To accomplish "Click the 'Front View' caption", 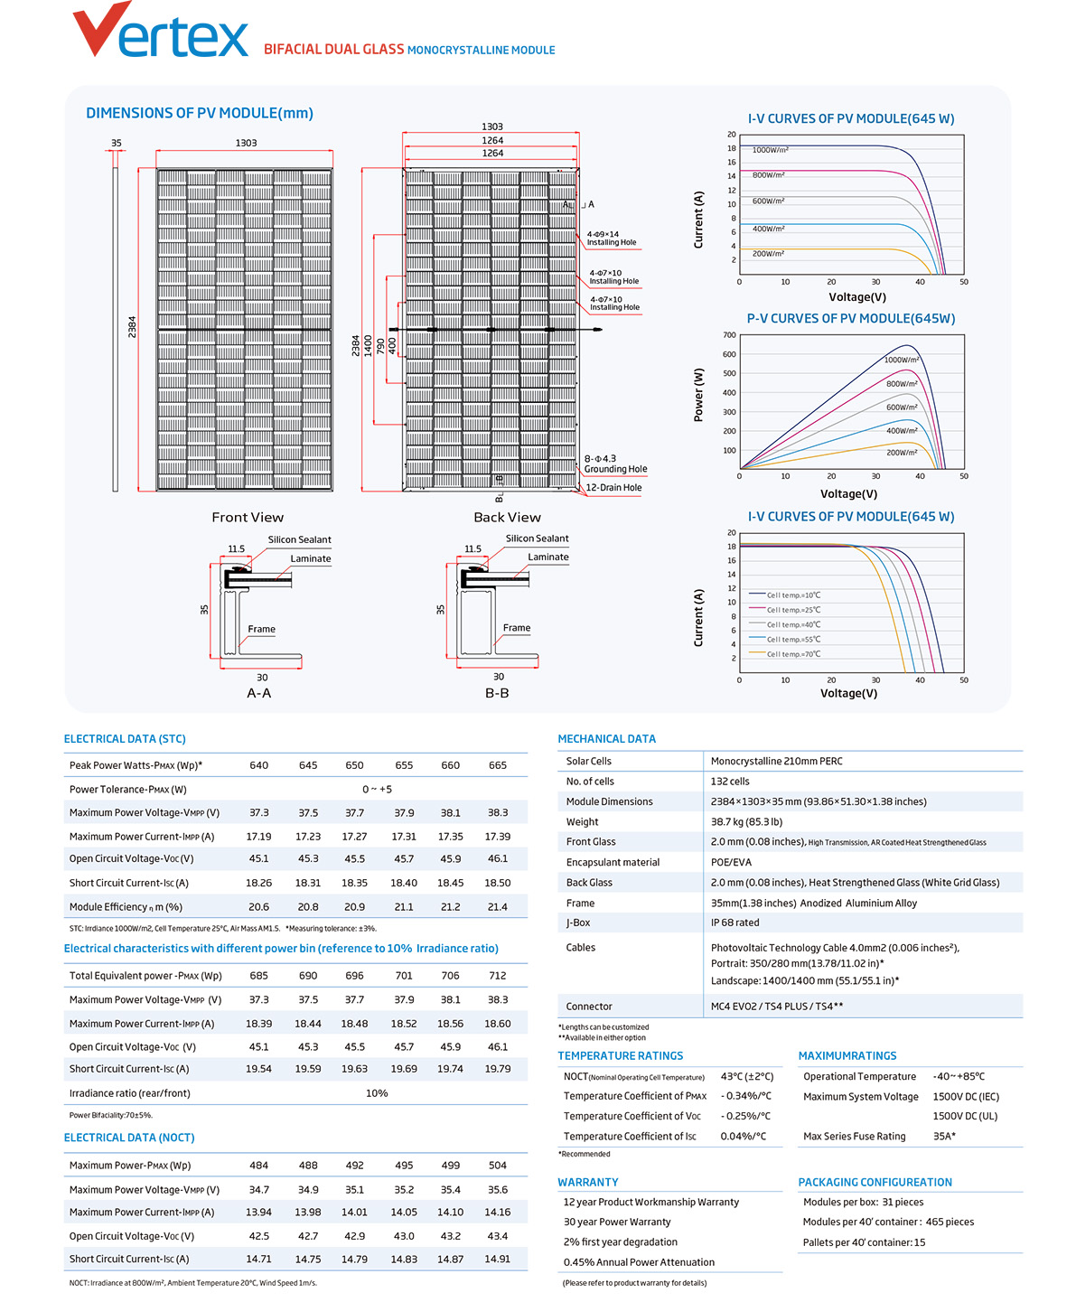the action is [x=248, y=517].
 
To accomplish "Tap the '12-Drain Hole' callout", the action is [x=613, y=488].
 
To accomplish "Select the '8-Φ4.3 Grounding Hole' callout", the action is [x=615, y=464].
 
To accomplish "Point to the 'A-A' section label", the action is [x=258, y=693].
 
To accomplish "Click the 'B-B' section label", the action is [x=497, y=693].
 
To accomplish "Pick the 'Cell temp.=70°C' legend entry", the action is [x=785, y=653].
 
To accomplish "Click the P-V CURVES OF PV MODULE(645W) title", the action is [x=851, y=318].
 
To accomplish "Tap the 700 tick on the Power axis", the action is [x=729, y=335].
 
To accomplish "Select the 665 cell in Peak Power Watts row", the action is [x=498, y=765].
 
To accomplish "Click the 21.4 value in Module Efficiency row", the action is [x=498, y=906].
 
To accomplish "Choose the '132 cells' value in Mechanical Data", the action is [x=730, y=782].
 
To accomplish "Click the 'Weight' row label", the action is [x=582, y=822].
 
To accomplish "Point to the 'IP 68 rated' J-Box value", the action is [x=735, y=923].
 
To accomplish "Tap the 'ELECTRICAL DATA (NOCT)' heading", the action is [x=129, y=1138].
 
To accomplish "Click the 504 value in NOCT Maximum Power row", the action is [x=498, y=1165].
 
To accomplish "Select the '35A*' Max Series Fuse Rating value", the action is [x=944, y=1136].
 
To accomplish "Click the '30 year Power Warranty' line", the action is [x=617, y=1222].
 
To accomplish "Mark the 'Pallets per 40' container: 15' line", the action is [x=864, y=1242].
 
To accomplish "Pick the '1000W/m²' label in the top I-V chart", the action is [x=771, y=150].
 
